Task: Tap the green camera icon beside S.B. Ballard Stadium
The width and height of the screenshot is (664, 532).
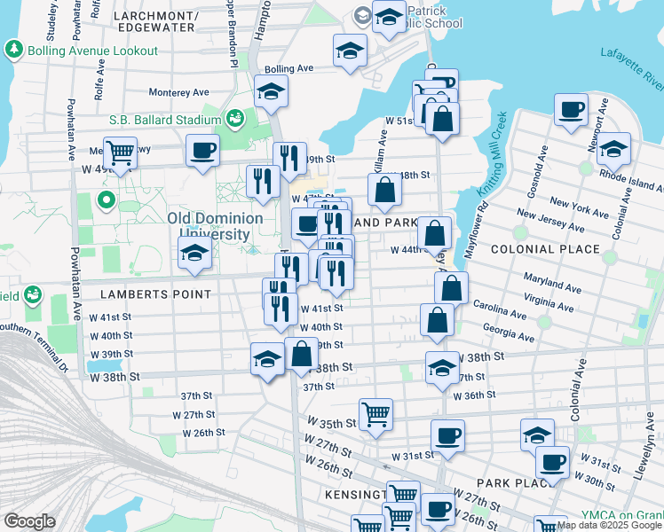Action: click(x=235, y=118)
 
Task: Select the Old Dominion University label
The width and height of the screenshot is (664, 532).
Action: click(x=215, y=226)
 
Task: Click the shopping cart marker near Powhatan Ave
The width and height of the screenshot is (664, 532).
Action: click(x=120, y=153)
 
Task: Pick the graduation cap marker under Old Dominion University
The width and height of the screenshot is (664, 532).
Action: click(x=194, y=253)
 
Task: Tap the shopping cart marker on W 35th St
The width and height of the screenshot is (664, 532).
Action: click(x=376, y=414)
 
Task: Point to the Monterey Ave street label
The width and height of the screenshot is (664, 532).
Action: click(x=178, y=91)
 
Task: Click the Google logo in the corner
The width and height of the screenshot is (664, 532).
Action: click(x=29, y=521)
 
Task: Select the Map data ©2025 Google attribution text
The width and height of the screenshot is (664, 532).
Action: click(x=609, y=525)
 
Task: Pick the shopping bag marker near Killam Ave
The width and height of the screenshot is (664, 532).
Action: click(x=384, y=190)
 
